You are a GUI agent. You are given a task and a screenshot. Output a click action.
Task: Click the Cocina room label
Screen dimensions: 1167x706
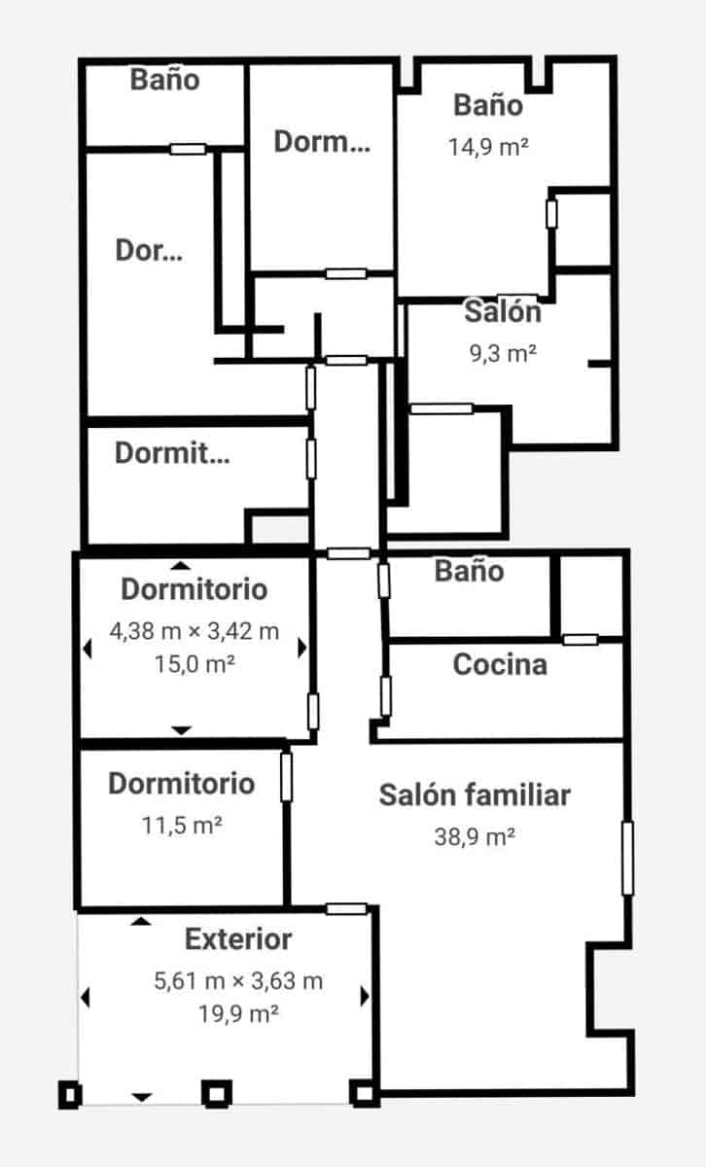point(500,665)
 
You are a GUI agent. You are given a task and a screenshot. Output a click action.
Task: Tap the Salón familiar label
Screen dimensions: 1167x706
point(475,795)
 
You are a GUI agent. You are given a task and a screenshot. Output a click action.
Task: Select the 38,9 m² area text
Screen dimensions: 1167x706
point(475,836)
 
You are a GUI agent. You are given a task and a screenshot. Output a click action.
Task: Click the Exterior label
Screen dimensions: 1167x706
point(238,939)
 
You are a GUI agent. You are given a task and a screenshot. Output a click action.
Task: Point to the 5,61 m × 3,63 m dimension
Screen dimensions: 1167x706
point(238,981)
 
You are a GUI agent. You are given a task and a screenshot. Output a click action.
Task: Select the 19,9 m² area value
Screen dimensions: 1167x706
point(238,1013)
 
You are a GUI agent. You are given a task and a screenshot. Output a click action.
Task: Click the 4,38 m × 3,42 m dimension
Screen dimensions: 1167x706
point(194,631)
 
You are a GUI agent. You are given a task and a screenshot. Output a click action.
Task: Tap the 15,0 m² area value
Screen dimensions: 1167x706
point(194,664)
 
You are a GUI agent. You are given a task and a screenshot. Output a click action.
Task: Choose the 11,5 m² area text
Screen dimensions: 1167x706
point(182,826)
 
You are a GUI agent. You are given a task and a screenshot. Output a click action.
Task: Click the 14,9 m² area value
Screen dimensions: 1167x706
point(488,147)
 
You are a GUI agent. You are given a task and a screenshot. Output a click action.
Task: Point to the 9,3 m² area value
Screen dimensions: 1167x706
point(503,353)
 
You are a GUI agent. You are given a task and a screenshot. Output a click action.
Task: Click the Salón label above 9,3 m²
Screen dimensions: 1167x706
point(502,312)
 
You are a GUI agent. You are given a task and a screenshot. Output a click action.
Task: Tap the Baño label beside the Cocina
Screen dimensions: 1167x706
point(469,571)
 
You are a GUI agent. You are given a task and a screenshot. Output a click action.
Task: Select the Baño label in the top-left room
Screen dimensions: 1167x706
point(165,80)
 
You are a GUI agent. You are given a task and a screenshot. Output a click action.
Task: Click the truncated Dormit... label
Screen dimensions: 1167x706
point(172,453)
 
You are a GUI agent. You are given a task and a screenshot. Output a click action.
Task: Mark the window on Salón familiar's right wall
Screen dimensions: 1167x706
point(627,858)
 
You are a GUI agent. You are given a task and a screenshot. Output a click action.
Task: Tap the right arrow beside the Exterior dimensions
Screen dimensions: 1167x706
point(365,996)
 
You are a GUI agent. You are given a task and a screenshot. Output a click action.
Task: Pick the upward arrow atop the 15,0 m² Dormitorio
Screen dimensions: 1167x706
point(179,565)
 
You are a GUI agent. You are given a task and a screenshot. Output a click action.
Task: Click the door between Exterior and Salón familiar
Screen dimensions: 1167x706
point(346,908)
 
